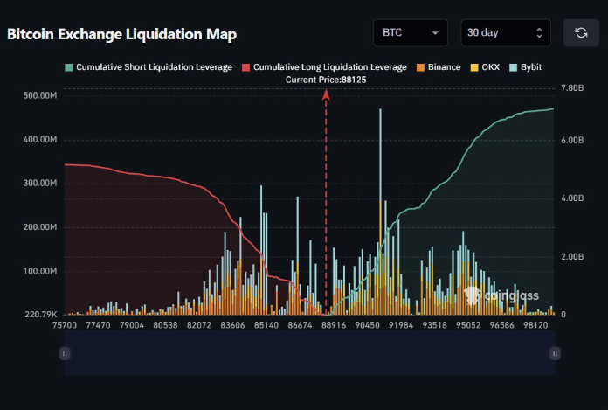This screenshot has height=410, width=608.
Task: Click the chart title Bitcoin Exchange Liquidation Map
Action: [x=121, y=34]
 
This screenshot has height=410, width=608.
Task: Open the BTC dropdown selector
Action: [x=410, y=32]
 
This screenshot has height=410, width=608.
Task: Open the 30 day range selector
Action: [x=505, y=32]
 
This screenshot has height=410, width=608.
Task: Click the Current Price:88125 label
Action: [x=326, y=80]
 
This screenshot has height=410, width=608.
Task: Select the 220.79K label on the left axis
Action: [x=42, y=315]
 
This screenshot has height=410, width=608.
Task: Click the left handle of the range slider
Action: [x=64, y=353]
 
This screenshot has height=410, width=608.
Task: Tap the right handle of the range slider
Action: [x=555, y=353]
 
